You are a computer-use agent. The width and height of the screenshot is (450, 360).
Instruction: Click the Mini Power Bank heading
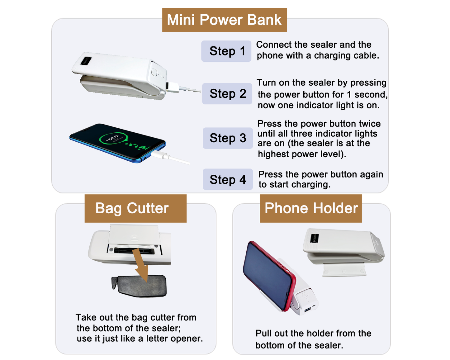click(225, 20)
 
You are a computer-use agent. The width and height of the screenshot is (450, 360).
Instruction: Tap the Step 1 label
click(226, 51)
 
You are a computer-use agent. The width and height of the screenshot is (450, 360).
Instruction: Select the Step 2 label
click(227, 94)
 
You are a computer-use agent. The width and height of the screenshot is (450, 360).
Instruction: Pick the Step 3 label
click(228, 138)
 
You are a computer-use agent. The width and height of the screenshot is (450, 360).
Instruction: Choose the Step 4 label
click(228, 179)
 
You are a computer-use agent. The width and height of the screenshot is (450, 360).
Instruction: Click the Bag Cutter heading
click(135, 209)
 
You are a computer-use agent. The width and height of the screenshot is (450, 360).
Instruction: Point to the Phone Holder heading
click(311, 209)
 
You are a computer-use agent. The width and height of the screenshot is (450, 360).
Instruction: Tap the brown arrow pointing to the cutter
click(142, 266)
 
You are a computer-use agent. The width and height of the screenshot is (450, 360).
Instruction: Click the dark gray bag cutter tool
click(139, 286)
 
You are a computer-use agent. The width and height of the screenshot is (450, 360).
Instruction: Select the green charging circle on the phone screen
click(114, 138)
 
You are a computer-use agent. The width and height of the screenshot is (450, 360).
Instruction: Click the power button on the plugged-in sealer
click(154, 73)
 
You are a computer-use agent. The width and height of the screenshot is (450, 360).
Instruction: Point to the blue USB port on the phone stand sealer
click(307, 309)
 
